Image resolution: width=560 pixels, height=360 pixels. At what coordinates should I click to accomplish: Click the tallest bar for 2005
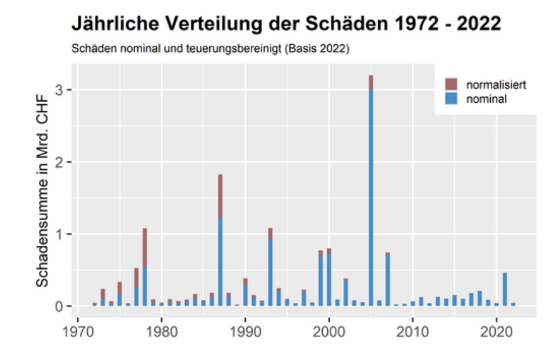(371, 193)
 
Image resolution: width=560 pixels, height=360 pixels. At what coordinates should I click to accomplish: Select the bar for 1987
(220, 243)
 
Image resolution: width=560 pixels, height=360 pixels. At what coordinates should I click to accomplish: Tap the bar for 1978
(144, 268)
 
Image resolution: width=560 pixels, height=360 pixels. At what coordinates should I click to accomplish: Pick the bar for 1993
(270, 268)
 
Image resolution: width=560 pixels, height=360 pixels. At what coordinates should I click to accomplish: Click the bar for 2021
(504, 290)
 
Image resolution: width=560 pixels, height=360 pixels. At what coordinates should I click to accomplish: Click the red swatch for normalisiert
(451, 84)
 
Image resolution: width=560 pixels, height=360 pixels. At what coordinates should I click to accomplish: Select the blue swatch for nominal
(451, 99)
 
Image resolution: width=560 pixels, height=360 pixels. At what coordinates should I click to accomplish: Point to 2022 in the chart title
(476, 25)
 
